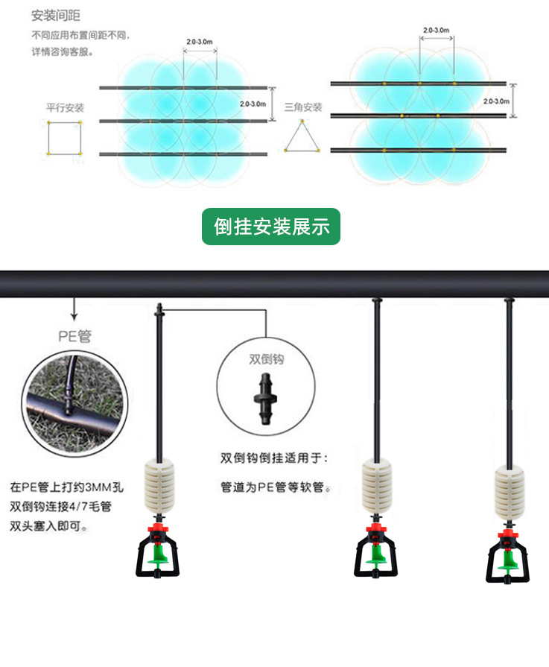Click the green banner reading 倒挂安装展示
[x=271, y=227]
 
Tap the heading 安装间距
[x=56, y=15]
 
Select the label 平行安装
[x=66, y=108]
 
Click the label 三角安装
[x=303, y=108]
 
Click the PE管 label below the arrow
[x=74, y=335]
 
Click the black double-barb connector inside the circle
[x=264, y=401]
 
